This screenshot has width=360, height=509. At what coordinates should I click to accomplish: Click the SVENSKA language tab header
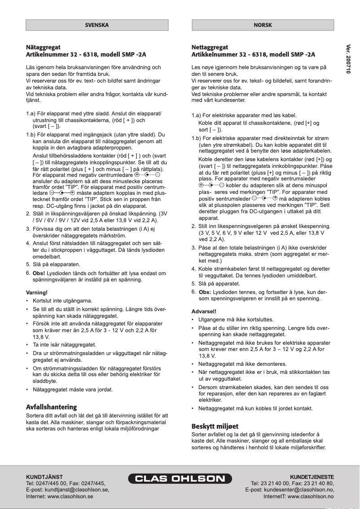coord(97,25)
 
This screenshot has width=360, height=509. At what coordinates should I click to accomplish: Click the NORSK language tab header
coord(263,25)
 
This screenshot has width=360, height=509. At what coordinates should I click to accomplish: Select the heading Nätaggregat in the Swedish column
coord(43,47)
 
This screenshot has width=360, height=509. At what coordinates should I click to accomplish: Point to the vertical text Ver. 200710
coord(348,59)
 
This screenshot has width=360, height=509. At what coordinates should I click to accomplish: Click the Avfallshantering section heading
coord(52,407)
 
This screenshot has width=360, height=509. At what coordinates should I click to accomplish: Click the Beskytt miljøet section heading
coord(215,426)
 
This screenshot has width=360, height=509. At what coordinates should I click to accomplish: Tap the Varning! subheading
coord(37,293)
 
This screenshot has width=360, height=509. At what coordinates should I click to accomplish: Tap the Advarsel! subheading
coord(204,311)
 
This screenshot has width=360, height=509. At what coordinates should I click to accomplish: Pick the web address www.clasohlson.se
coord(70,497)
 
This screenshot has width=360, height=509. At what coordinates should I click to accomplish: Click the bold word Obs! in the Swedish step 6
coord(39,273)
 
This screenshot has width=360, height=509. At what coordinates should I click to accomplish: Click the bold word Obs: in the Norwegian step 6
coord(205,292)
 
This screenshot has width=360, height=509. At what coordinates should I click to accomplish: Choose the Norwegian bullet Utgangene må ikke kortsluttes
coord(236,320)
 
